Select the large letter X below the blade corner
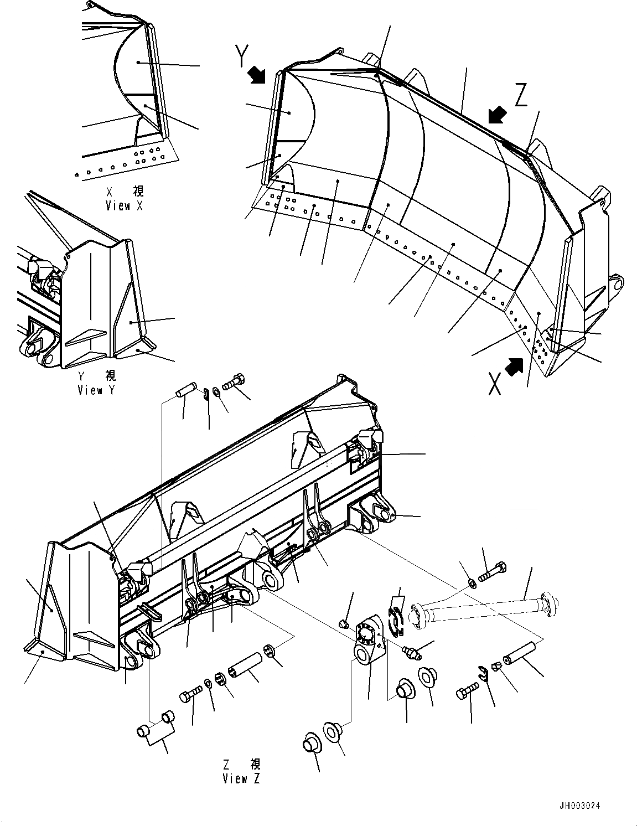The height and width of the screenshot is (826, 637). pyautogui.click(x=495, y=383)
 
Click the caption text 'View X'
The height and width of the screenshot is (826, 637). pyautogui.click(x=125, y=206)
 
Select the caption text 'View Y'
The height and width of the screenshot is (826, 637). pyautogui.click(x=97, y=390)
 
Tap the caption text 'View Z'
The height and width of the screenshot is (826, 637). pyautogui.click(x=241, y=778)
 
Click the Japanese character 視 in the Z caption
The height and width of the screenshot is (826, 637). pyautogui.click(x=255, y=765)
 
